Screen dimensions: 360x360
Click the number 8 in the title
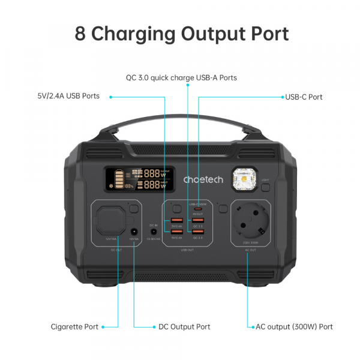pyautogui.click(x=80, y=33)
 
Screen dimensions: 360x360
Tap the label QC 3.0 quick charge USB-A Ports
pyautogui.click(x=181, y=78)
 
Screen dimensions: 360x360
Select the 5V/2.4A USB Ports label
pyautogui.click(x=68, y=96)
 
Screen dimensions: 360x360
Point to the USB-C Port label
pyautogui.click(x=304, y=97)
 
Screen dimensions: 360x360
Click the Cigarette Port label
pyautogui.click(x=74, y=327)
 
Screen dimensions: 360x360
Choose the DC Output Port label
pyautogui.click(x=184, y=327)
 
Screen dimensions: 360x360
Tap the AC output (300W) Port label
pyautogui.click(x=295, y=327)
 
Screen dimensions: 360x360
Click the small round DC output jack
pyautogui.click(x=134, y=232)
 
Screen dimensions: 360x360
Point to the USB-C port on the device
pyautogui.click(x=198, y=209)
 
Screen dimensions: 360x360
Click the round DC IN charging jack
pyautogui.click(x=154, y=232)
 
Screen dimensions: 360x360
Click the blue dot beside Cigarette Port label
pyautogui.click(x=104, y=327)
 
